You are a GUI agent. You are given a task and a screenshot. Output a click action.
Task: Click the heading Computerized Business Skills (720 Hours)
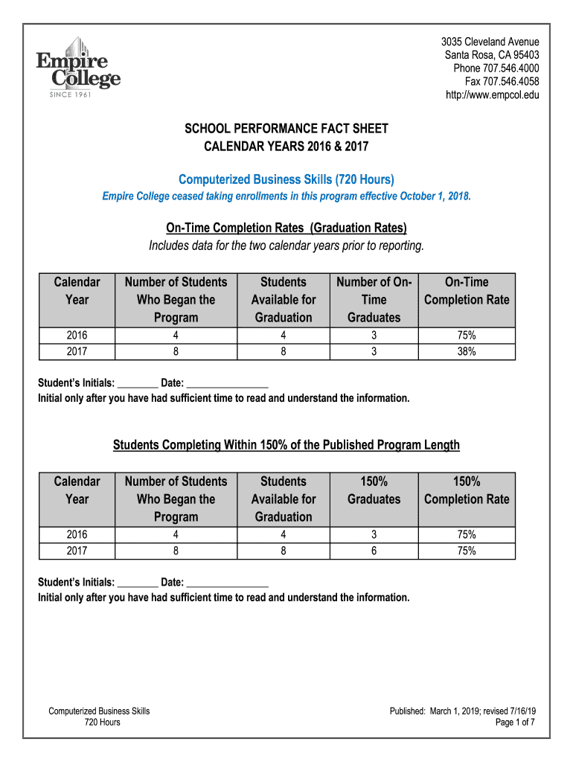pyautogui.click(x=286, y=179)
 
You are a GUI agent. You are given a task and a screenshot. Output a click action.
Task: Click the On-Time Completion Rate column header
pyautogui.click(x=467, y=291)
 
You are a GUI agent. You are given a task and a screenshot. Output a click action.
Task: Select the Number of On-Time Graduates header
pyautogui.click(x=374, y=300)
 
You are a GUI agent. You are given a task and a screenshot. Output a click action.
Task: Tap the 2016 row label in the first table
pyautogui.click(x=77, y=336)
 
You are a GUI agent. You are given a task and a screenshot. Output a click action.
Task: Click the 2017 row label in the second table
pyautogui.click(x=77, y=551)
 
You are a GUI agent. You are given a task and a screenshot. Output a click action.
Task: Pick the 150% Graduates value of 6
pyautogui.click(x=374, y=551)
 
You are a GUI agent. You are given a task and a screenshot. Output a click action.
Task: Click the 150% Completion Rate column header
pyautogui.click(x=467, y=490)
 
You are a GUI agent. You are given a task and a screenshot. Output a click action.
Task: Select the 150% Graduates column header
pyautogui.click(x=374, y=490)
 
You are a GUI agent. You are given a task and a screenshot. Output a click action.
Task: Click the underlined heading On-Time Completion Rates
pyautogui.click(x=286, y=228)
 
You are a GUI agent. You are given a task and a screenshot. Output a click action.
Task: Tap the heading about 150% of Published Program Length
pyautogui.click(x=286, y=445)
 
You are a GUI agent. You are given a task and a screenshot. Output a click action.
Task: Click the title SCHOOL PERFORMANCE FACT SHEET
pyautogui.click(x=286, y=129)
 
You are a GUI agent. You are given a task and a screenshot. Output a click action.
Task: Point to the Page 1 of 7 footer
pyautogui.click(x=515, y=723)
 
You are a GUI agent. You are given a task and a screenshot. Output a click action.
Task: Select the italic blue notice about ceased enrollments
pyautogui.click(x=286, y=196)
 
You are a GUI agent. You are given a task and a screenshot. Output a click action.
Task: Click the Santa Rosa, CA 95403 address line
pyautogui.click(x=492, y=55)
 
